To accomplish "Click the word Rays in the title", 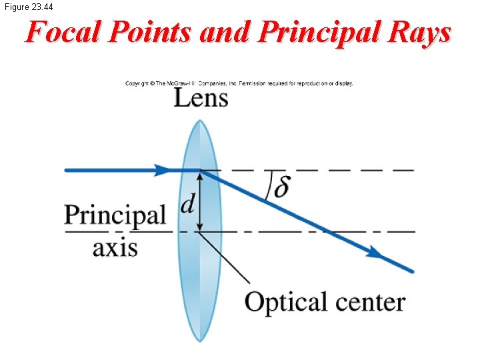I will (422, 32).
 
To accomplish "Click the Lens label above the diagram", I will (201, 99).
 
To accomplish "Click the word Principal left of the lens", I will (115, 215).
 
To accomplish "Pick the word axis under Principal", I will (115, 247).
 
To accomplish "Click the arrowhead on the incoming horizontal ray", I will (163, 170).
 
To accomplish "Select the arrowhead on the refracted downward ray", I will (375, 253).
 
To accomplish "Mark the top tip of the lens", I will (200, 121).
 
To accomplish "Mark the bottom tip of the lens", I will (200, 341).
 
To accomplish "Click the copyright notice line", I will (239, 83).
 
